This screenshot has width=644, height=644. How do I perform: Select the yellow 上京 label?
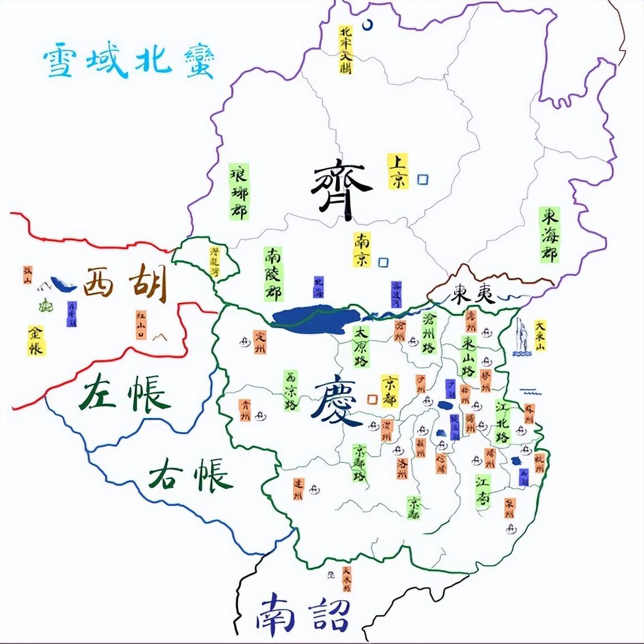click(398, 171)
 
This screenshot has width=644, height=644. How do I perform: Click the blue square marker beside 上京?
click(424, 179)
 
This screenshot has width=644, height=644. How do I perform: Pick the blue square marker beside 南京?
click(383, 261)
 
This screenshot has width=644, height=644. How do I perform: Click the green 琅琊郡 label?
click(239, 191)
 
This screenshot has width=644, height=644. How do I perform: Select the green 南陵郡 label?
click(273, 273)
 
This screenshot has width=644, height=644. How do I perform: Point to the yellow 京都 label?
click(391, 390)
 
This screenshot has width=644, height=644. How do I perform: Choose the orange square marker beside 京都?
click(373, 399)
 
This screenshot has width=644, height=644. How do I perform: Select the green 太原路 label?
click(361, 346)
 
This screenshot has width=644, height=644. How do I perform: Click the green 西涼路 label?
click(290, 390)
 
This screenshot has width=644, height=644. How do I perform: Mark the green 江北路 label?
click(502, 421)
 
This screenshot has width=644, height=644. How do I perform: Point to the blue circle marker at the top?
click(368, 24)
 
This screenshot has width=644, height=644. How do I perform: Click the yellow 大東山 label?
click(540, 335)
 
